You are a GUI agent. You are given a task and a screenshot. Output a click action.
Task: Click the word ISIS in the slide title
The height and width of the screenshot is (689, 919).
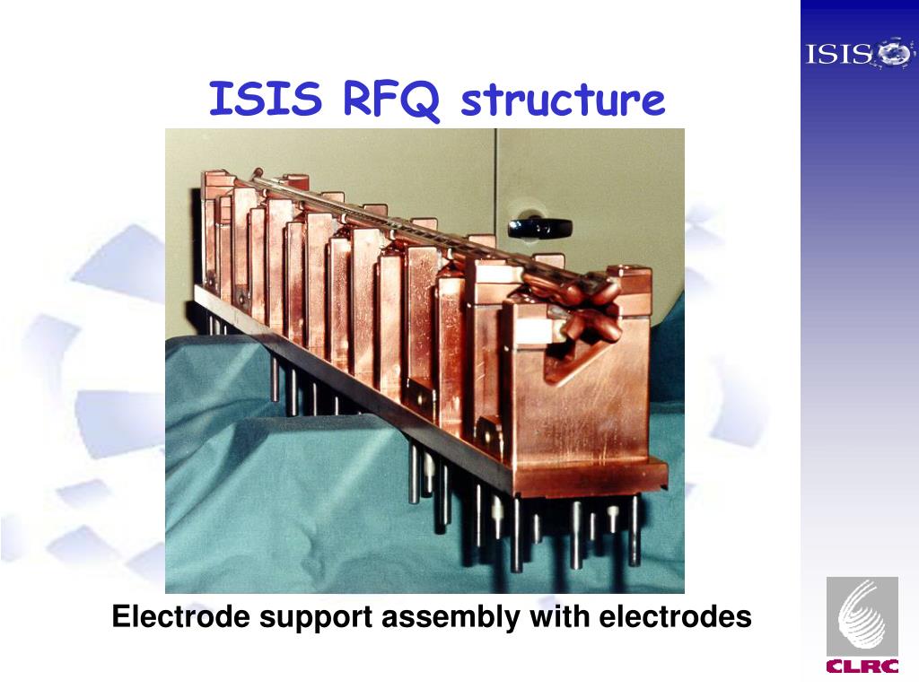click(265, 100)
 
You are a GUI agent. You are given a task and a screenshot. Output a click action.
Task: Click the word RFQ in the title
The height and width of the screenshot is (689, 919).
click(390, 100)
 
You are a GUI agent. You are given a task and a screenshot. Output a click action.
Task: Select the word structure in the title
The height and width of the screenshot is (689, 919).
click(563, 100)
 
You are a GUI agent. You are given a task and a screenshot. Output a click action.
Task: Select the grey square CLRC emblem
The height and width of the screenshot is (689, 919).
click(862, 615)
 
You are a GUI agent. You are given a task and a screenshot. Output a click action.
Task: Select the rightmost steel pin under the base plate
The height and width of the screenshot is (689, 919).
click(634, 529)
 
